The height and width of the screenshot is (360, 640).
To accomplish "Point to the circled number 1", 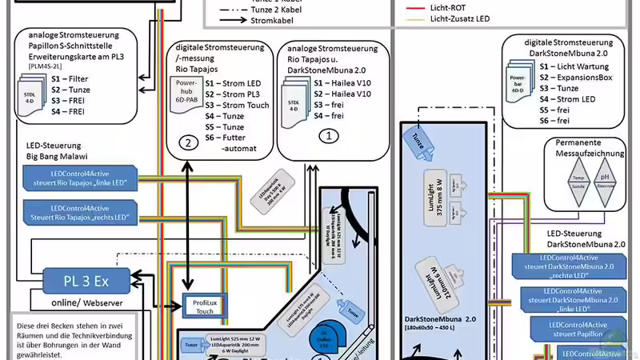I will point(328,137).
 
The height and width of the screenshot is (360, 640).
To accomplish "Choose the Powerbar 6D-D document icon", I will point(519,84).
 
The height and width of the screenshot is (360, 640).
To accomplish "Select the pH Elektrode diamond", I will point(606,180).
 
